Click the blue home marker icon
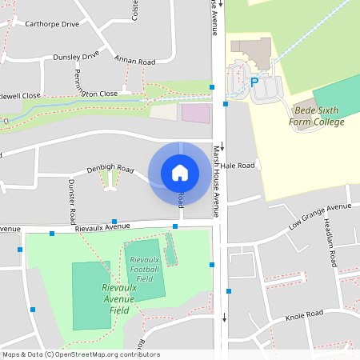coord(179,172)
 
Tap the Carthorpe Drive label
coord(53,24)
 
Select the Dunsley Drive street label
coord(76,56)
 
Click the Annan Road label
coord(134,62)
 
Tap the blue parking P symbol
coord(254,82)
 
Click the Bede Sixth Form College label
coord(318,115)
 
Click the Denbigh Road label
coord(110,169)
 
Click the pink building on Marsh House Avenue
coord(195,112)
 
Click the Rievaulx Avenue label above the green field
coord(102,227)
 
